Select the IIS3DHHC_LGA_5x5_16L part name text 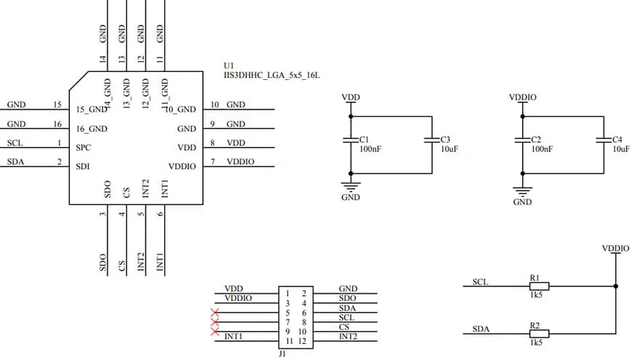272,75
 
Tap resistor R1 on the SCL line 538,286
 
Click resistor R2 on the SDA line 538,333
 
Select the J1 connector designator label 283,354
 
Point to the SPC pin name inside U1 83,148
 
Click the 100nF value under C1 369,148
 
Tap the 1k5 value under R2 537,343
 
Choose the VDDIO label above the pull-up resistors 615,248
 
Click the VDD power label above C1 350,97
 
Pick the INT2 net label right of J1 348,337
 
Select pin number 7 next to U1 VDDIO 212,161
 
